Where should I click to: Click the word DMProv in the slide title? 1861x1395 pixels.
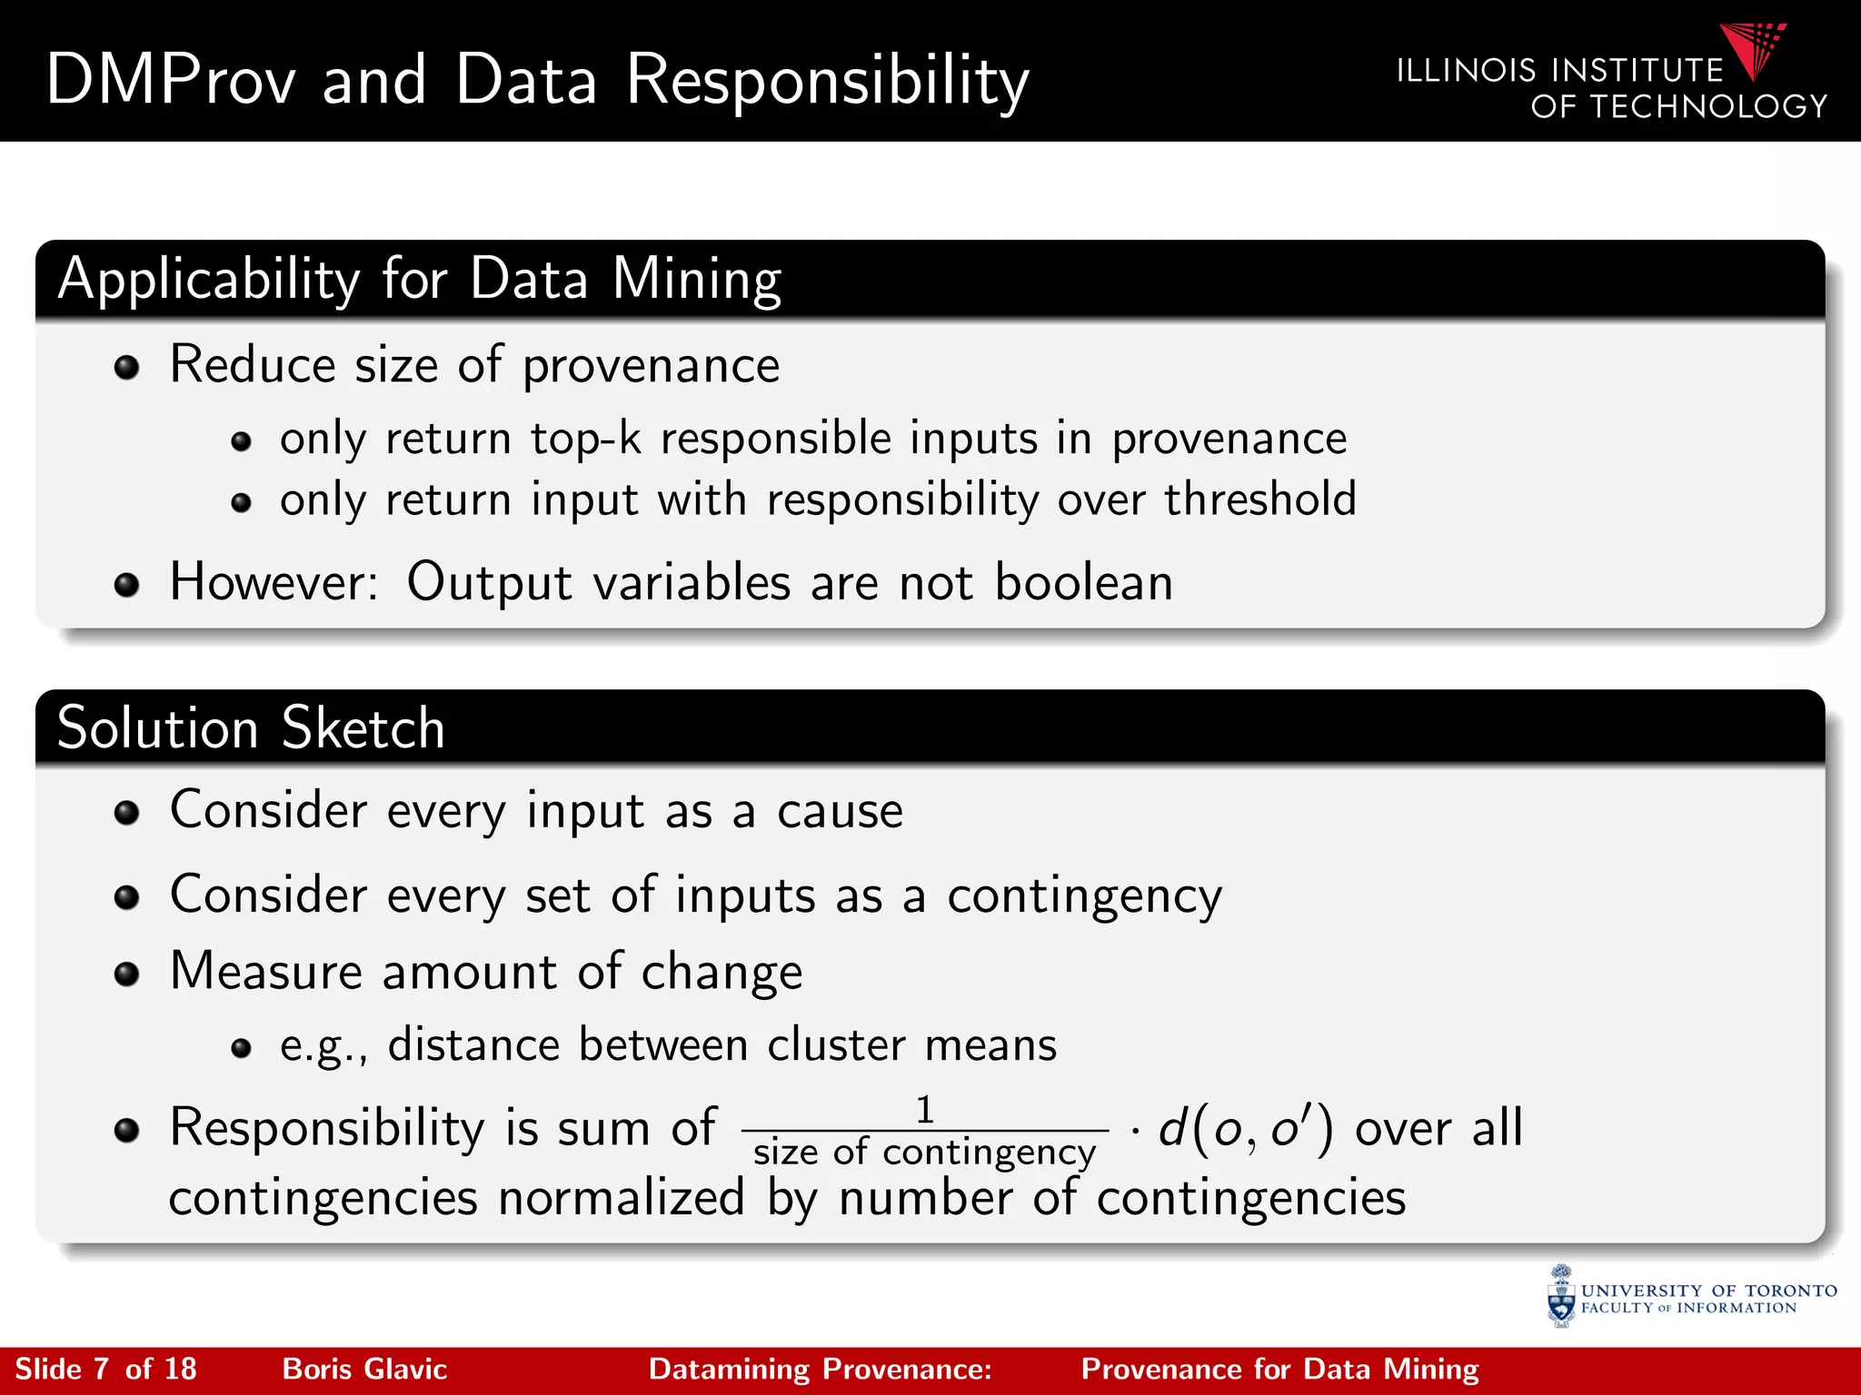171,80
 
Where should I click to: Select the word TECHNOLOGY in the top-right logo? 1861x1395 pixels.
1708,107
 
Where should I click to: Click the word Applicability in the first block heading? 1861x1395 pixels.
210,279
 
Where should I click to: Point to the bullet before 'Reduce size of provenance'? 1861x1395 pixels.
127,368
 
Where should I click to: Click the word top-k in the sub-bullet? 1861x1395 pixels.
586,439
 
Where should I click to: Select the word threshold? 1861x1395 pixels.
1260,500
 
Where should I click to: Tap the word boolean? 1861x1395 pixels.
1083,582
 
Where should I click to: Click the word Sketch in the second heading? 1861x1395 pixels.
363,728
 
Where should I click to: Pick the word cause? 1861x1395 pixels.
840,810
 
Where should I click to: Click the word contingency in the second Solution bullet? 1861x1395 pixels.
1085,896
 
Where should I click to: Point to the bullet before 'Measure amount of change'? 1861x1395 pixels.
127,975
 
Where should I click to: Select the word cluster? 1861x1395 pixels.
836,1044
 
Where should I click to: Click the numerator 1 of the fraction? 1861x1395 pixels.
925,1110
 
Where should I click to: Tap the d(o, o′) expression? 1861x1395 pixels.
1246,1129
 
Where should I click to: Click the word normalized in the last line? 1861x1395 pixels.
622,1197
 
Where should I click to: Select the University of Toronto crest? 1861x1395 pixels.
1561,1296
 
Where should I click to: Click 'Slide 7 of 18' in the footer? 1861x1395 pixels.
106,1369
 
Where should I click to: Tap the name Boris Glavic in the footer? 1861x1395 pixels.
364,1369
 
